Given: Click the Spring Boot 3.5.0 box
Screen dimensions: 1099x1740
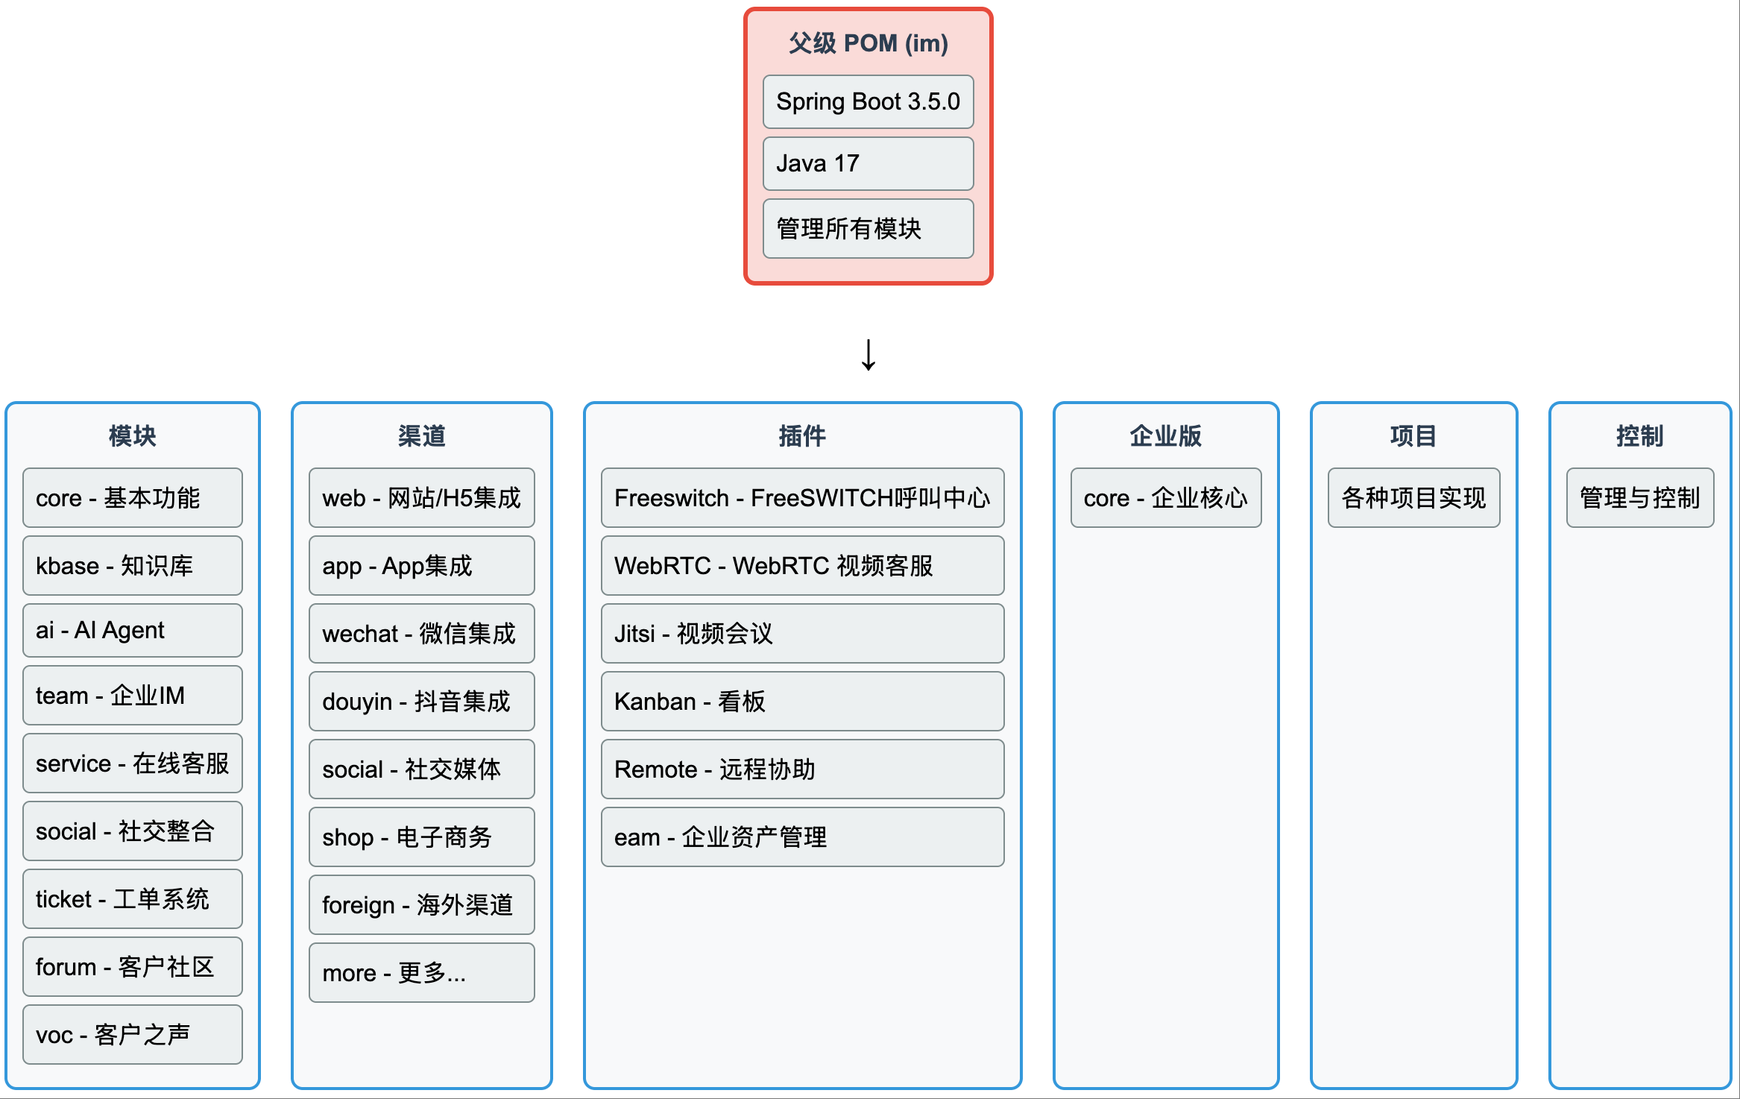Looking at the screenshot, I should (868, 101).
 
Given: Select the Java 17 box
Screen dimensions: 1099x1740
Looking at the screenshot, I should (868, 163).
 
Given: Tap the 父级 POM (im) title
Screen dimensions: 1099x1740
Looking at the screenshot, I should (868, 43).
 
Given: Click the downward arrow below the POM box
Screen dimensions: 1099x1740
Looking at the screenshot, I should (869, 355).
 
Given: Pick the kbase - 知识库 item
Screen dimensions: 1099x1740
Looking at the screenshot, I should (133, 566).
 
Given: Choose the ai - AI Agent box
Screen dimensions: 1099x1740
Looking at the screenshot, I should (133, 631).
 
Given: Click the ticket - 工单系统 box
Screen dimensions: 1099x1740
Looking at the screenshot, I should (133, 899).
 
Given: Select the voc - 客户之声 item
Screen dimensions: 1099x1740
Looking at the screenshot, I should (133, 1035).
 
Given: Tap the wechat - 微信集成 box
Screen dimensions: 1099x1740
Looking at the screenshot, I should (422, 634).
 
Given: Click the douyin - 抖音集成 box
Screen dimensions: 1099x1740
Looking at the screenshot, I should (422, 702).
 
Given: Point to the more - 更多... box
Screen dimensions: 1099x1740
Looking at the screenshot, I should (422, 973).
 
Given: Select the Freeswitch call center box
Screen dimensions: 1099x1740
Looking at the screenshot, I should (802, 498).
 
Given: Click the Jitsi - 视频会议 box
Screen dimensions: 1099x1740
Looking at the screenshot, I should (802, 634).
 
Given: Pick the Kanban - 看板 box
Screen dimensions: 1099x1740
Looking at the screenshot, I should (802, 702).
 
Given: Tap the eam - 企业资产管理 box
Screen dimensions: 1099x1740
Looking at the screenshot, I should (802, 837).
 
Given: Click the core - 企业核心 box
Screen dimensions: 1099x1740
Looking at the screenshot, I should (1166, 498).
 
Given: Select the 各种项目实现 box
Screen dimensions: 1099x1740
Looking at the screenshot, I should (1413, 498).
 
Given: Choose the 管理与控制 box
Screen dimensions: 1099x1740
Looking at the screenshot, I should (1640, 498).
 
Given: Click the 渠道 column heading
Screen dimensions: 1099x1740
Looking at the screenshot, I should (422, 436).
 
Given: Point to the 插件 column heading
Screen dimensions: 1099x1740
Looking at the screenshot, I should (802, 436).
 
